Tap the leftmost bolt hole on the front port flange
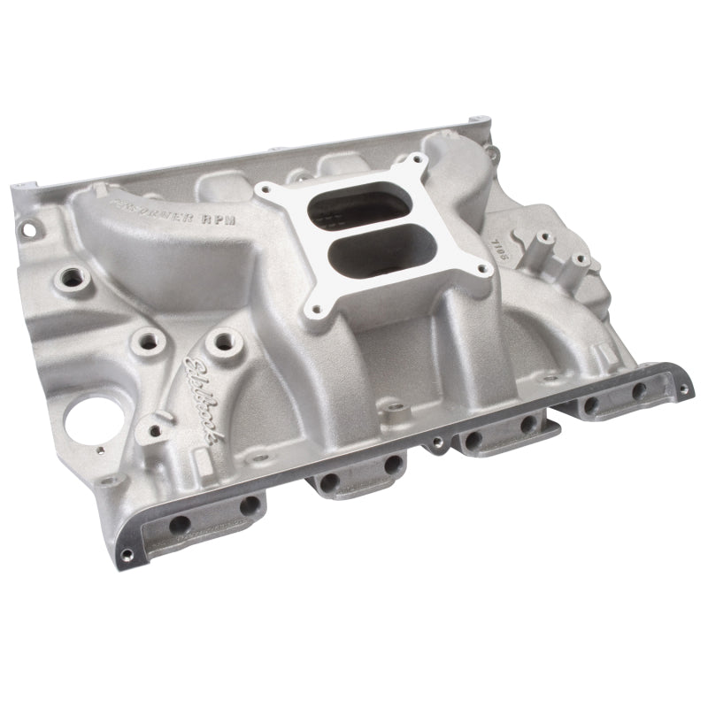point(180,523)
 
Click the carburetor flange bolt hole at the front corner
point(314,312)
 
